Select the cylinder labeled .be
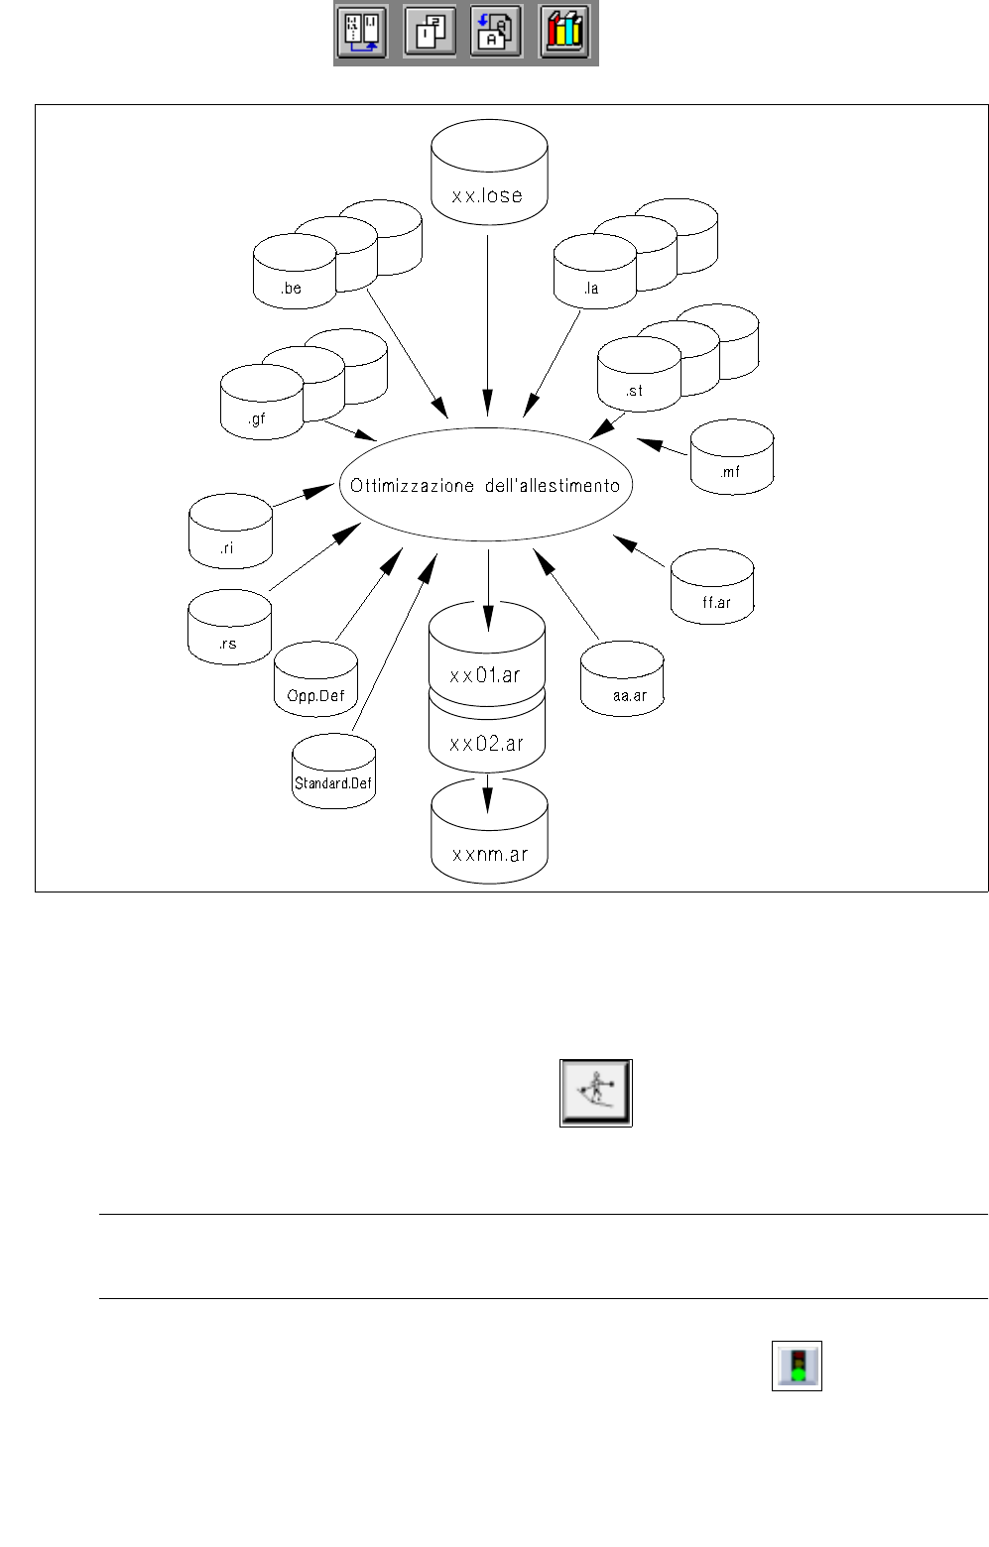pyautogui.click(x=295, y=273)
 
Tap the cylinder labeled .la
pyautogui.click(x=594, y=273)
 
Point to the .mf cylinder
pyautogui.click(x=731, y=458)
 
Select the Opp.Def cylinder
pyautogui.click(x=315, y=681)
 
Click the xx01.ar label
pyautogui.click(x=485, y=675)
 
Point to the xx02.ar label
pyautogui.click(x=486, y=743)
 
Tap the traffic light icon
pyautogui.click(x=797, y=1366)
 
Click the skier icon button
pyautogui.click(x=595, y=1093)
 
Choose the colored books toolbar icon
pyautogui.click(x=564, y=34)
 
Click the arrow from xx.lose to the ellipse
pyautogui.click(x=487, y=317)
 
